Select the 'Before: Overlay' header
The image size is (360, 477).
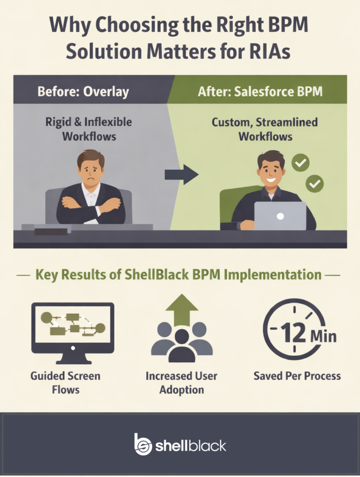point(83,91)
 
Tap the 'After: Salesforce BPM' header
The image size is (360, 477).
point(260,91)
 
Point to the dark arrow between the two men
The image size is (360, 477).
point(182,175)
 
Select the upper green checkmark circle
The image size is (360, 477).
point(300,163)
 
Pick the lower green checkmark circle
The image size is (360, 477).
point(314,184)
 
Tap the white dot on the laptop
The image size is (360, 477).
point(280,216)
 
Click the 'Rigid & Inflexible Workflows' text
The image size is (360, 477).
point(88,129)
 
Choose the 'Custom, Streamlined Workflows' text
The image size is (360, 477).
point(265,129)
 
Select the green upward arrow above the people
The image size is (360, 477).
point(182,310)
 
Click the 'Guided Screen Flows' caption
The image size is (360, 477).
point(65,382)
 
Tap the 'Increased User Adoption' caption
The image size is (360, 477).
point(182,382)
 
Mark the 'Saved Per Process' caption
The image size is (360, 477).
point(297,375)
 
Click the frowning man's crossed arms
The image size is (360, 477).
point(91,204)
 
